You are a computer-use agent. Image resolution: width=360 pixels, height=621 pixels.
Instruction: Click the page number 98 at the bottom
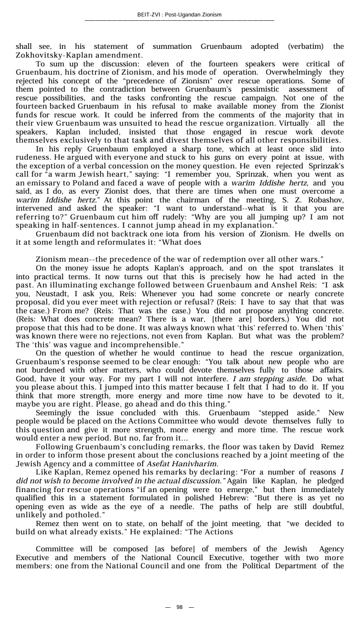point(179,607)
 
